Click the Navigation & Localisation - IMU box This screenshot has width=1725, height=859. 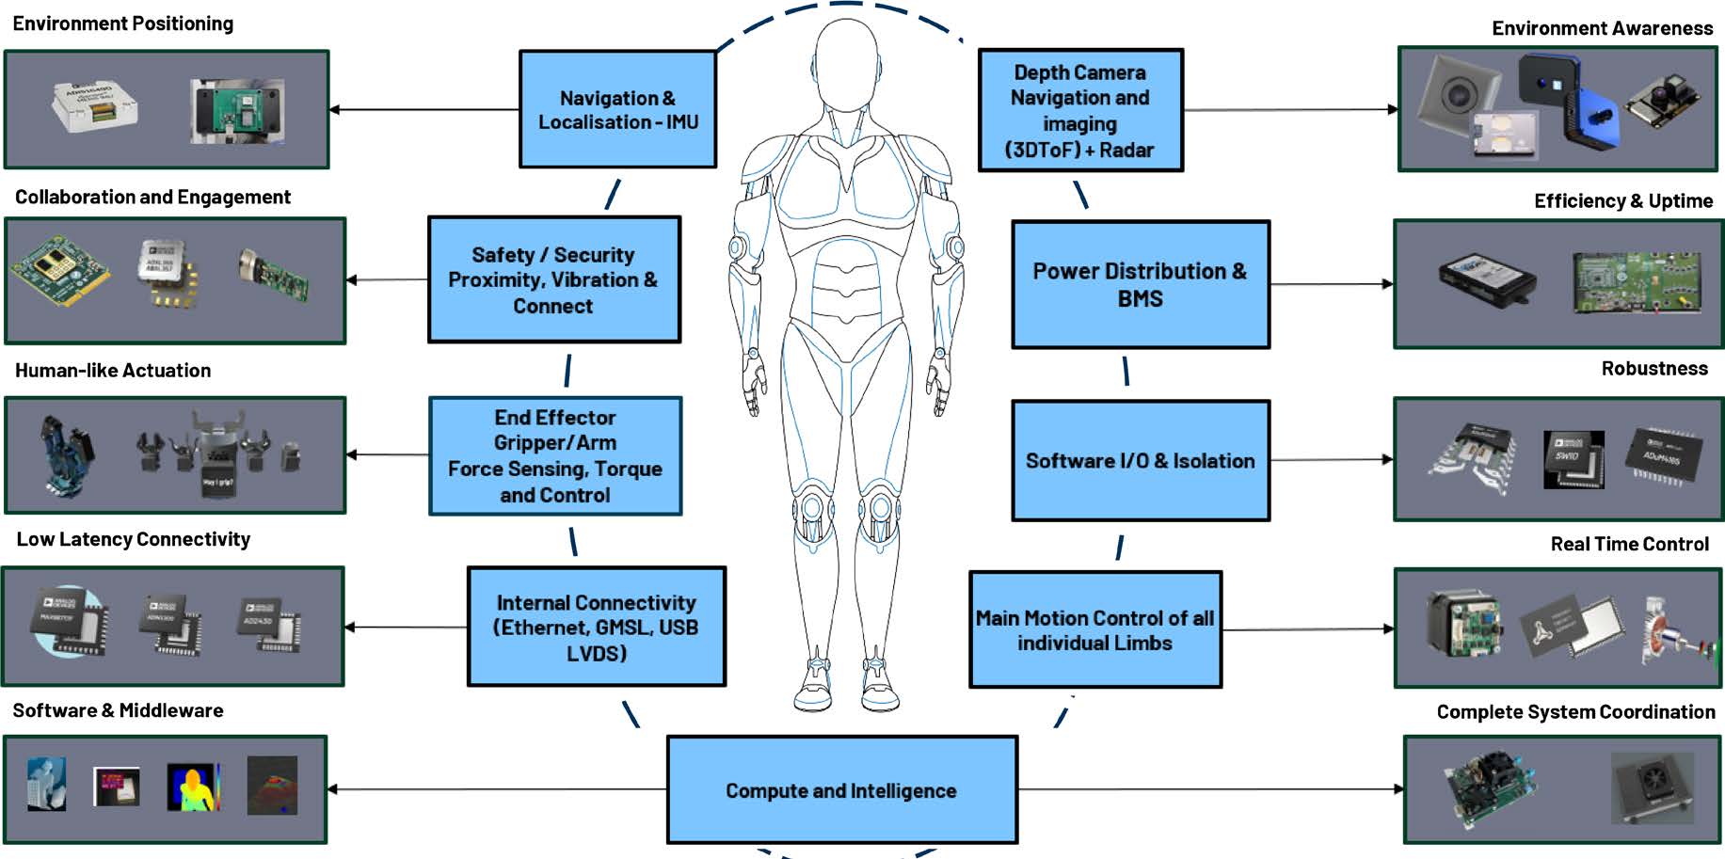(617, 110)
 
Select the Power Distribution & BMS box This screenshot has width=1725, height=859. (1140, 285)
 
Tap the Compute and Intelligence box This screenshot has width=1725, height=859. (841, 790)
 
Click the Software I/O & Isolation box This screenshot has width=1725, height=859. (1140, 461)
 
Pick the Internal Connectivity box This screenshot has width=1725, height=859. (596, 627)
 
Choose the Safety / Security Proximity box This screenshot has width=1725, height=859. (553, 280)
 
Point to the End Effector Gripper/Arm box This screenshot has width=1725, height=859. (554, 456)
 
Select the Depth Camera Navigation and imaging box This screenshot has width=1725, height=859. (1079, 111)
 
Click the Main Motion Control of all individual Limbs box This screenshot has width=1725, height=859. (1094, 630)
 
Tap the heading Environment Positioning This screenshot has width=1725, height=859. (123, 24)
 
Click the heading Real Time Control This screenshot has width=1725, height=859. (1629, 544)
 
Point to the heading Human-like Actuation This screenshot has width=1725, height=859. (113, 371)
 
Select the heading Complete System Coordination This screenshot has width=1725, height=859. (1575, 712)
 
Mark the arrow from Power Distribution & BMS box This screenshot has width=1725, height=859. (1331, 284)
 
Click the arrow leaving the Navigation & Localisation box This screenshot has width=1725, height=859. (423, 110)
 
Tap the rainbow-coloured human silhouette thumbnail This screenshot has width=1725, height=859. (193, 787)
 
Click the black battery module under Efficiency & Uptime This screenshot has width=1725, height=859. (1487, 279)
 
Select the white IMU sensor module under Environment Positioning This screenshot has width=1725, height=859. (94, 104)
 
